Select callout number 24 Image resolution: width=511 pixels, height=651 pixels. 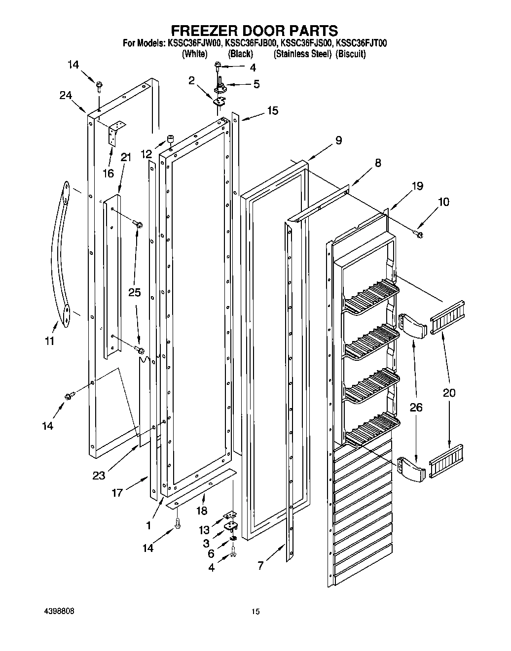[x=66, y=96]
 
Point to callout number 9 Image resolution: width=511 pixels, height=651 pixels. [x=338, y=140]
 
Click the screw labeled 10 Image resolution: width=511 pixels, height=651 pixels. [x=420, y=234]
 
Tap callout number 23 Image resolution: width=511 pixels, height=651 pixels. [x=99, y=476]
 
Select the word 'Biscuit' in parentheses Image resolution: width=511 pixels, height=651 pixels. [x=351, y=54]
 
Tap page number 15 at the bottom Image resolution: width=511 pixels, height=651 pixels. [x=255, y=612]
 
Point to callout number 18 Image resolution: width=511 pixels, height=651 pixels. [x=201, y=511]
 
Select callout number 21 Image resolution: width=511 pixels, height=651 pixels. [x=126, y=158]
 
